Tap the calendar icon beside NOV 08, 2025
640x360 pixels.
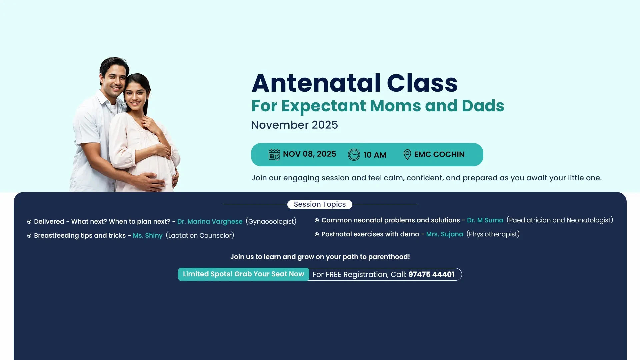click(x=274, y=155)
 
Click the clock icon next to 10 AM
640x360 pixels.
click(x=354, y=155)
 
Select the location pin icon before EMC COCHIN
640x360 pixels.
click(x=407, y=155)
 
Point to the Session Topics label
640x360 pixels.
click(x=320, y=204)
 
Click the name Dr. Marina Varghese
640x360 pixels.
click(x=210, y=222)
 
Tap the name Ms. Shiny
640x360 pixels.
click(x=148, y=236)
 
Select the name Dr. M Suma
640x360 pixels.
click(x=485, y=220)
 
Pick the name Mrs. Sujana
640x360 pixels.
click(x=445, y=234)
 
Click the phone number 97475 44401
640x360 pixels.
click(x=431, y=274)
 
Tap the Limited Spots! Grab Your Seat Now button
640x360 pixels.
click(x=244, y=274)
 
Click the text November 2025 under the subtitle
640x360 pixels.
click(x=294, y=125)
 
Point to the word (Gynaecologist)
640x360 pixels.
click(x=271, y=222)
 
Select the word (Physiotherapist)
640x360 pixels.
click(x=493, y=234)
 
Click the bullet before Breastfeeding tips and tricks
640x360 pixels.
click(x=29, y=236)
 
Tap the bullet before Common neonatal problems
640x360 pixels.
click(x=317, y=220)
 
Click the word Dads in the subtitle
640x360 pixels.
click(x=483, y=106)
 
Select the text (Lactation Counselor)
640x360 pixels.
click(x=200, y=236)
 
